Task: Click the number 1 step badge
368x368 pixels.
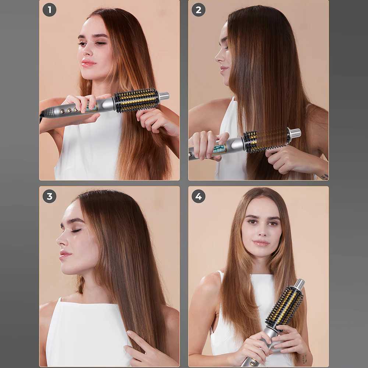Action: click(x=49, y=10)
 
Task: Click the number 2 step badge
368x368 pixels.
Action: click(x=198, y=10)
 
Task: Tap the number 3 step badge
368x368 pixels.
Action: click(x=49, y=196)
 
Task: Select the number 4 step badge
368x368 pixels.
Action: click(x=198, y=196)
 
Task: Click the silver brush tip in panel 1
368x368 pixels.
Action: click(x=164, y=96)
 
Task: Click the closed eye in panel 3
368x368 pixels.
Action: click(x=76, y=230)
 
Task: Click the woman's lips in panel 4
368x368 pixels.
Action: click(x=261, y=243)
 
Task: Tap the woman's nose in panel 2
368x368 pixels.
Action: click(x=217, y=57)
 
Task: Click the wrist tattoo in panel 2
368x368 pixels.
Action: click(x=324, y=177)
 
